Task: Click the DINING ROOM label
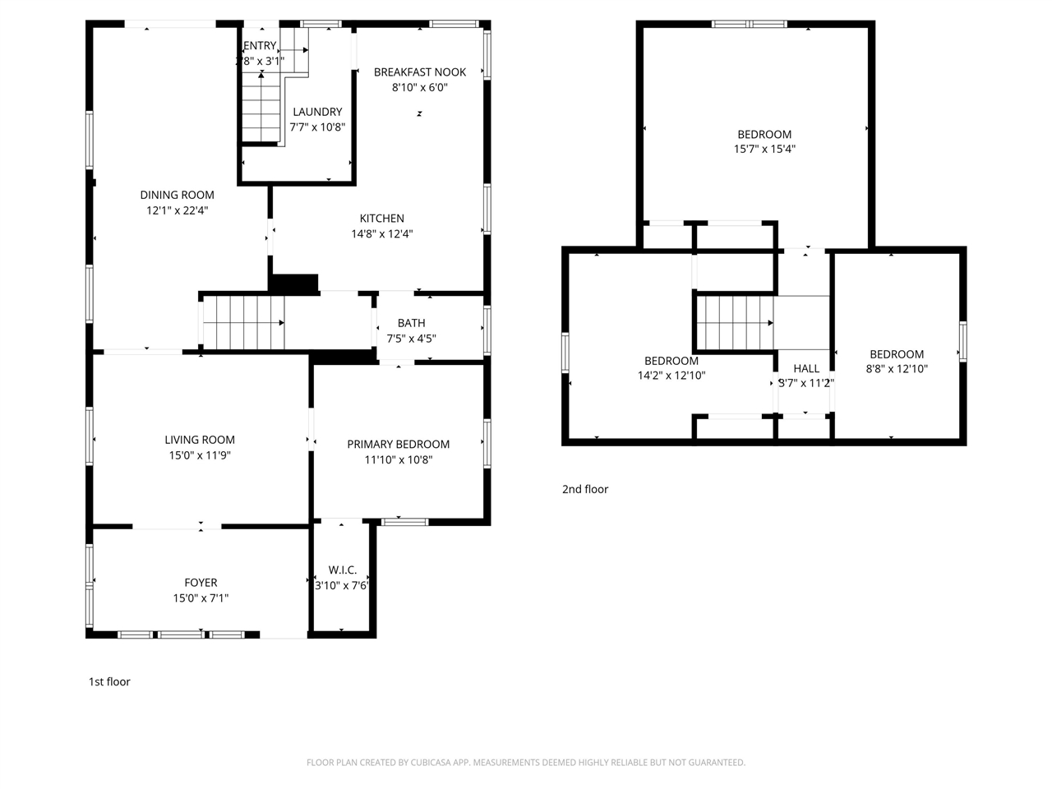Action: tap(177, 195)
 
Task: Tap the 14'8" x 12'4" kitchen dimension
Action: tap(381, 233)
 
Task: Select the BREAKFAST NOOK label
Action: tap(419, 72)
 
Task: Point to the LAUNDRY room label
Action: tap(317, 112)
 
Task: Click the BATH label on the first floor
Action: tap(411, 323)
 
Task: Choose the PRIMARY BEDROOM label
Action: tap(398, 445)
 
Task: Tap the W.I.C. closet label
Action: tap(342, 570)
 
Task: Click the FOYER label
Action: tap(201, 583)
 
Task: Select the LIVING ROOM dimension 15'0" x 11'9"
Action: tap(200, 455)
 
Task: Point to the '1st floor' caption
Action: tap(109, 681)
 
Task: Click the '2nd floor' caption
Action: tap(584, 489)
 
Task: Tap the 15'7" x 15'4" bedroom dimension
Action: tap(764, 150)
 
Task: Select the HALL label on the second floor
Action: tap(805, 368)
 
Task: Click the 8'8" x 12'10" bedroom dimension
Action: tap(897, 369)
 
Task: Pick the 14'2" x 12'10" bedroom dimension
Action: tap(671, 376)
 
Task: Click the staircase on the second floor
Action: tap(735, 323)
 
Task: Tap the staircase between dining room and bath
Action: tap(243, 323)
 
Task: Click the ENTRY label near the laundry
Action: tap(260, 46)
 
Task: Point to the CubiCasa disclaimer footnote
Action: tap(526, 763)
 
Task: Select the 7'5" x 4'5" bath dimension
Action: tap(411, 338)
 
